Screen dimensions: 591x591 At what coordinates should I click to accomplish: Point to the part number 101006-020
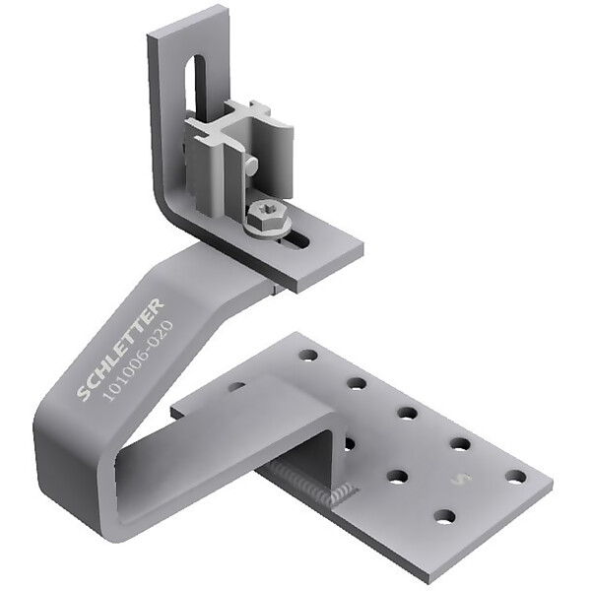[x=139, y=361]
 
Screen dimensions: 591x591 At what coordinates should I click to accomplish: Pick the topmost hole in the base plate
[x=308, y=355]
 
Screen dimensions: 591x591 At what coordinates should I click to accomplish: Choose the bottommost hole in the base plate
[x=445, y=516]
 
